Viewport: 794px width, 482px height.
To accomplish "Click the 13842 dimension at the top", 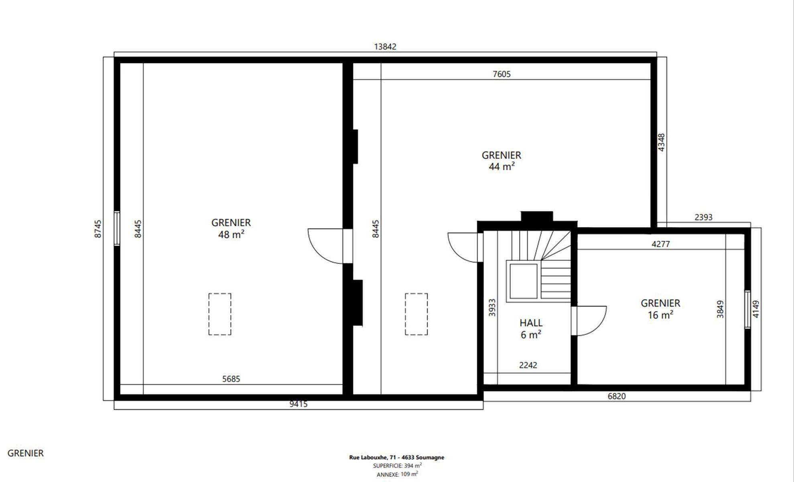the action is [x=385, y=47].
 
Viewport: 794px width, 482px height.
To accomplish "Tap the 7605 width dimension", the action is [x=502, y=74].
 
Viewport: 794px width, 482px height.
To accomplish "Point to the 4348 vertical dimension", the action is [x=661, y=143].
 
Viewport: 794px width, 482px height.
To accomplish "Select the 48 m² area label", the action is [x=231, y=234].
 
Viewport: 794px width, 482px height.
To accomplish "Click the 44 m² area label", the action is [x=502, y=166].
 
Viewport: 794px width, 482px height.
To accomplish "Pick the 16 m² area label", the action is [x=660, y=315].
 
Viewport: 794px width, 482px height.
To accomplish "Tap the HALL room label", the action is [x=531, y=323].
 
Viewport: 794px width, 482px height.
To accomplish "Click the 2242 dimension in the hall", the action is [x=528, y=365].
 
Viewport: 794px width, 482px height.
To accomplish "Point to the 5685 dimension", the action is [x=231, y=379].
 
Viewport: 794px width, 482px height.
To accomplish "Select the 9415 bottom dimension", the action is [x=299, y=404].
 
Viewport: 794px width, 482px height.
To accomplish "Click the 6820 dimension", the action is [x=617, y=396].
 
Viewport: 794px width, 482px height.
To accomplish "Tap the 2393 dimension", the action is [x=703, y=217].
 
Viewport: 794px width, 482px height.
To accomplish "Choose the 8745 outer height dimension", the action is [x=98, y=229].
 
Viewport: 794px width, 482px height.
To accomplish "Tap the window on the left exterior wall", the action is [x=117, y=228].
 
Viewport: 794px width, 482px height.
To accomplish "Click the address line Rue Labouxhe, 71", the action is [x=396, y=457].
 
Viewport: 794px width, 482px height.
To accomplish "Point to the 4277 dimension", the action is [x=660, y=244].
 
